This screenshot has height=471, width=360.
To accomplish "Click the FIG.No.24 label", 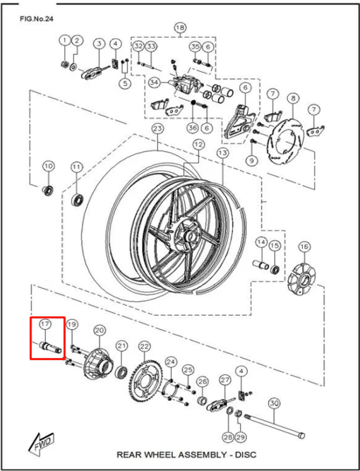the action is tap(36, 18).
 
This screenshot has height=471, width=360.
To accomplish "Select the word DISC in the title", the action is tap(246, 455).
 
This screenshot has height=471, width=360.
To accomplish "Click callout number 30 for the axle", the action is tap(273, 404).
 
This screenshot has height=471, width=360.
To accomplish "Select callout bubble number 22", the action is tap(145, 347).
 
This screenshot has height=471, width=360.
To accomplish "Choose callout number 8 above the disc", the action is tap(293, 98).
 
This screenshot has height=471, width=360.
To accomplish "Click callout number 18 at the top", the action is tap(180, 28).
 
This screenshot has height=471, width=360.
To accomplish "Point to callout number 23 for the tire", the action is tap(157, 129).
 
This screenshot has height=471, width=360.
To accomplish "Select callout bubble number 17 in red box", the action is tap(46, 324).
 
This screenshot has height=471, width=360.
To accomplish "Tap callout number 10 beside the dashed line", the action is tap(48, 166).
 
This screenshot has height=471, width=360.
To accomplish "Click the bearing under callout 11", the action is tap(78, 200).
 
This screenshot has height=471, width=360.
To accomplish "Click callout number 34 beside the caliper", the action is tap(155, 83).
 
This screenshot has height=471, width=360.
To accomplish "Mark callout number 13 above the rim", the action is tap(222, 153).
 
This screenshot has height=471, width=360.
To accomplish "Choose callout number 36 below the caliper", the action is tap(193, 128).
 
